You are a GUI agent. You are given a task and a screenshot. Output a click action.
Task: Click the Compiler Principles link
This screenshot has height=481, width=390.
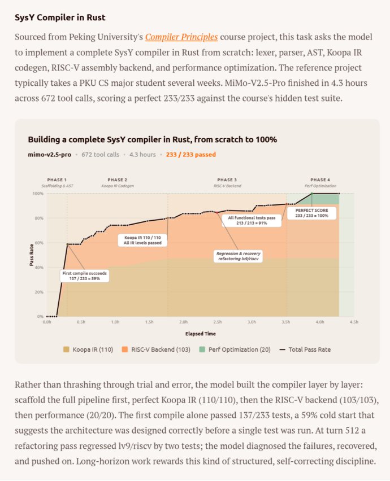pos(181,37)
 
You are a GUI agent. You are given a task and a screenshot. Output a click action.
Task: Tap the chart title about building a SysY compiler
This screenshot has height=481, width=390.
pos(152,139)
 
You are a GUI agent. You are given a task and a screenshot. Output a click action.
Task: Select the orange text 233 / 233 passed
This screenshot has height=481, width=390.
pos(190,154)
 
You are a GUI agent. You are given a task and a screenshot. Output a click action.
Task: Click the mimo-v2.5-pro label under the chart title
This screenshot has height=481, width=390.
pos(50,154)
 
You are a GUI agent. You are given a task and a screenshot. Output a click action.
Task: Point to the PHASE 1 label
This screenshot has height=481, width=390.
pos(57,180)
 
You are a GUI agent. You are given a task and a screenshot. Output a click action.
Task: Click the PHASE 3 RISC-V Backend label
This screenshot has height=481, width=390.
pos(227,182)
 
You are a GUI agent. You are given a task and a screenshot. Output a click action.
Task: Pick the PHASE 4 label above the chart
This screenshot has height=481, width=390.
pos(320,180)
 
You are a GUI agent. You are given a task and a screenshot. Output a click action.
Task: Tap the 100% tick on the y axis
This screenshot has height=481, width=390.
pos(38,194)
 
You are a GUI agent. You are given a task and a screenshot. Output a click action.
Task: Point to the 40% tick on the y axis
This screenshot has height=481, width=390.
pos(39,268)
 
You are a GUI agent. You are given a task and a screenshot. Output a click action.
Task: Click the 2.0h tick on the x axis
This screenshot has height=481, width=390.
pos(183,322)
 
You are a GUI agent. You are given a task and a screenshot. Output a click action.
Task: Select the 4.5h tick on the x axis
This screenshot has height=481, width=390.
pos(354,322)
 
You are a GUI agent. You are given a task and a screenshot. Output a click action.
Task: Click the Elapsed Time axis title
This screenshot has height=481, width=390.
pos(200,334)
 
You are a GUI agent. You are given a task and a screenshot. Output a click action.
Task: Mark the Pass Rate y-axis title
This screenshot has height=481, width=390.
pos(32,255)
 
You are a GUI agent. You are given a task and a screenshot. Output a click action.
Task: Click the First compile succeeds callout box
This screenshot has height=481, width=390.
pos(84,276)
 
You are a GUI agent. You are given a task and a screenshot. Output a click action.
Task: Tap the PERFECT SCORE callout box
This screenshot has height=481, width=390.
pos(311,213)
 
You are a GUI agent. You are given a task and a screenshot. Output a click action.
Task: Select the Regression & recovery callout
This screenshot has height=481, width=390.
pos(238,256)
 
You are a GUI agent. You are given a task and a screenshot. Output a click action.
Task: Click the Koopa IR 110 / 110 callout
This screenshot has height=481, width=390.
pos(142,240)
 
